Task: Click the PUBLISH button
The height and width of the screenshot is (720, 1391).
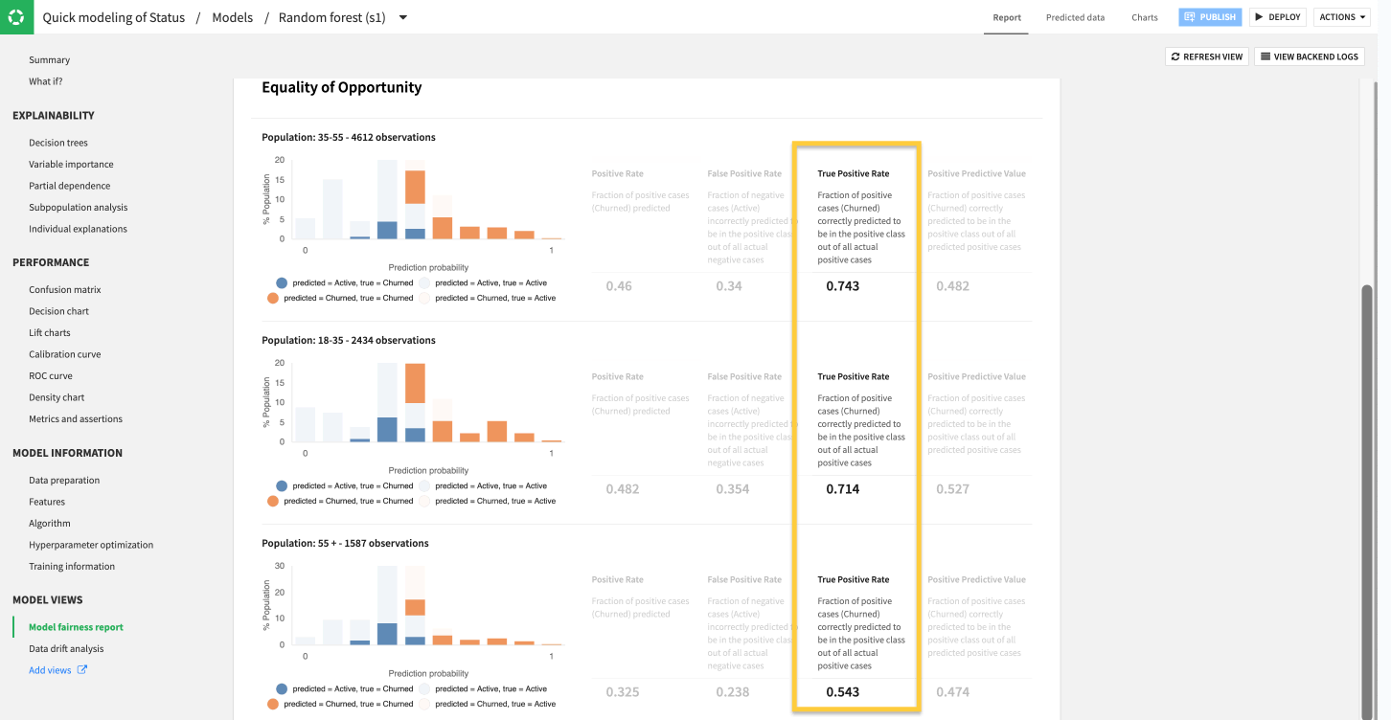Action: point(1210,17)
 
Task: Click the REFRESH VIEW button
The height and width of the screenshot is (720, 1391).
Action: point(1206,56)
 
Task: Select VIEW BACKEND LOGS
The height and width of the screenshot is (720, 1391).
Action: point(1309,56)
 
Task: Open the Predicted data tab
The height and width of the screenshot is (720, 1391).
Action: point(1075,17)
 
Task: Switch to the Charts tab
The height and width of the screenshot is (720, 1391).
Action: point(1144,17)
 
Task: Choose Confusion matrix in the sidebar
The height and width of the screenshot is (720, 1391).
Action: point(64,289)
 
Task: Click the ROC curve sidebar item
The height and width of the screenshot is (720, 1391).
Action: point(50,375)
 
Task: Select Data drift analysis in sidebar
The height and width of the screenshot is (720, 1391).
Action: point(66,648)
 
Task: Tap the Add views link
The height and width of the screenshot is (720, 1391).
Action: point(50,670)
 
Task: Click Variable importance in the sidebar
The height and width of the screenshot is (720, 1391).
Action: point(71,165)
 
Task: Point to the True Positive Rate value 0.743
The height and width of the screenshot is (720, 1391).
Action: point(842,286)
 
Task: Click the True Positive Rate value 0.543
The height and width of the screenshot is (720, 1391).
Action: point(842,692)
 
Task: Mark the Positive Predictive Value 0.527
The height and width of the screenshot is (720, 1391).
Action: point(952,489)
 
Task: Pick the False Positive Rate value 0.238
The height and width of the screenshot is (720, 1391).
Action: point(728,692)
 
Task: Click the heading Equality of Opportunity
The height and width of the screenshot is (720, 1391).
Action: point(341,87)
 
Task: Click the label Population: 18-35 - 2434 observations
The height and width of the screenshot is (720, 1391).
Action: point(348,340)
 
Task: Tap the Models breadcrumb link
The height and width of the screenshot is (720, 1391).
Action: point(233,17)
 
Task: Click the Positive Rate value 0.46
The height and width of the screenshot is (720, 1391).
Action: point(618,286)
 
